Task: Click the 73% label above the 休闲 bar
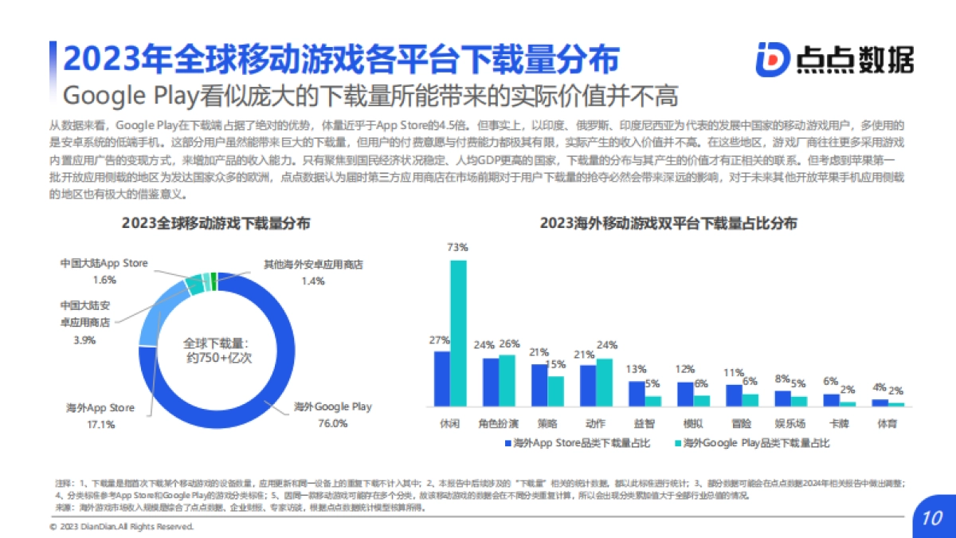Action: pyautogui.click(x=457, y=247)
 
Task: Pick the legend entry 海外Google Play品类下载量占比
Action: pyautogui.click(x=752, y=442)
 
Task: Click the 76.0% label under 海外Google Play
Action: pyautogui.click(x=332, y=423)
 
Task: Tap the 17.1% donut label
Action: pyautogui.click(x=101, y=424)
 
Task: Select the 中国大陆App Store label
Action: pyautogui.click(x=104, y=263)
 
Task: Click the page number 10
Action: pyautogui.click(x=932, y=518)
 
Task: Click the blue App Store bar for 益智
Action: pyautogui.click(x=637, y=394)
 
